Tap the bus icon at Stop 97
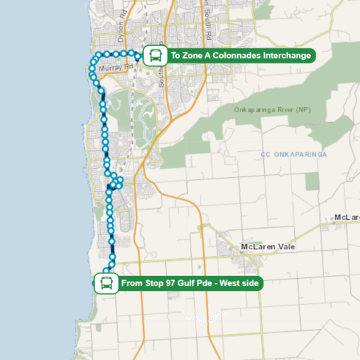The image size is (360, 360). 106,284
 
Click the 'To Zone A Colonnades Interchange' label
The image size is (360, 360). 240,55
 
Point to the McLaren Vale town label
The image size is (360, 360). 268,247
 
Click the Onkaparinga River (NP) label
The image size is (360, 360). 272,109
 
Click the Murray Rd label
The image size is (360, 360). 116,68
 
